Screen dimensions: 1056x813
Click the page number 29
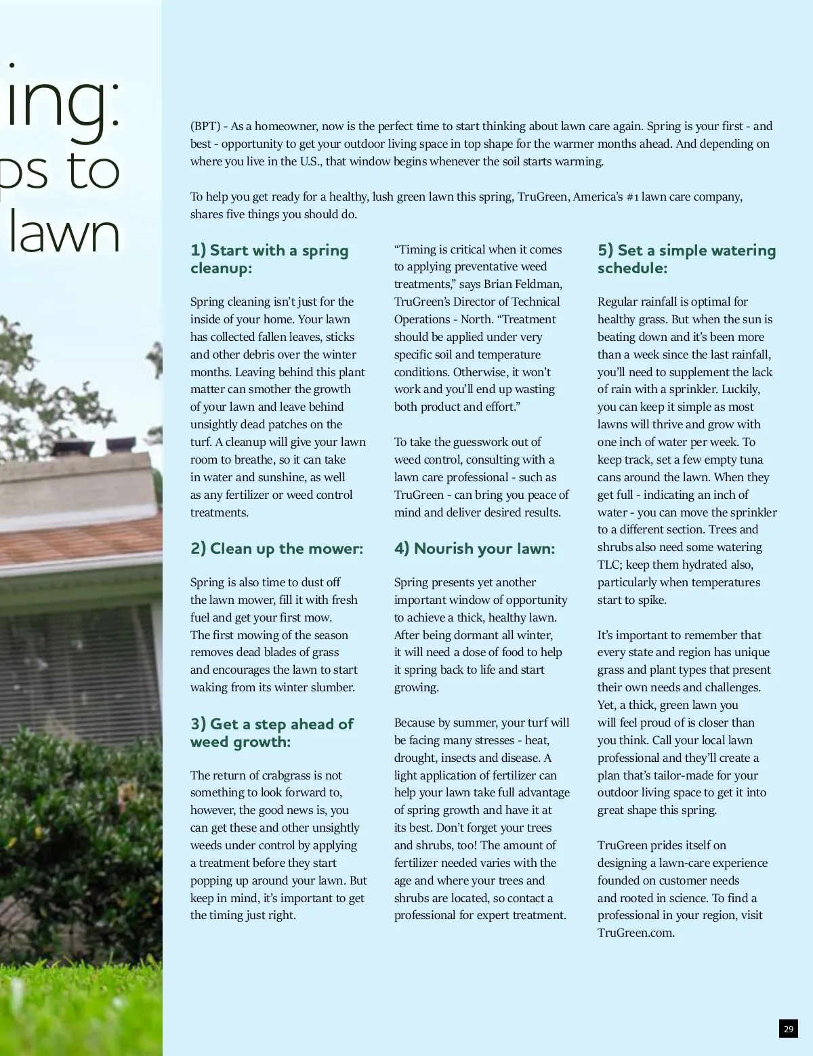[x=788, y=1029]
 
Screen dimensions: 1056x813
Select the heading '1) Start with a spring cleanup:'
[x=270, y=259]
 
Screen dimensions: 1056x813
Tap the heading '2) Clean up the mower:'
[x=276, y=548]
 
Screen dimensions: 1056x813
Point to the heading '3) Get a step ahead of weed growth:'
[x=272, y=733]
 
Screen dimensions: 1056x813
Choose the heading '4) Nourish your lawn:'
[x=474, y=548]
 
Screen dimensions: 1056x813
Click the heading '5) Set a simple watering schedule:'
[x=686, y=259]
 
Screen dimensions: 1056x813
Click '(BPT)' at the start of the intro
[x=205, y=126]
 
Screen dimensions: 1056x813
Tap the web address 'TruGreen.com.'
[x=635, y=933]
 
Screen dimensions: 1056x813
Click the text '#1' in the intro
[x=632, y=197]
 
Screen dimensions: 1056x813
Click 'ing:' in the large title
[x=64, y=102]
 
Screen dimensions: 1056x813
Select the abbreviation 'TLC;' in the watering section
[x=609, y=565]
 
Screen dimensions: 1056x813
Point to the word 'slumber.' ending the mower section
[x=332, y=687]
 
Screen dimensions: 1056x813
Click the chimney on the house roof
[x=71, y=447]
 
